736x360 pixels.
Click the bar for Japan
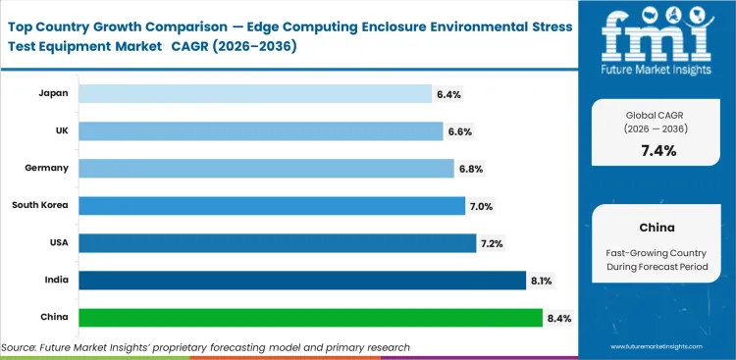click(254, 93)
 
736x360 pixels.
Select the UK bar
click(260, 130)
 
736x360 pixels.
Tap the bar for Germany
click(265, 168)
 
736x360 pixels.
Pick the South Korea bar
click(271, 205)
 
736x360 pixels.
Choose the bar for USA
click(277, 242)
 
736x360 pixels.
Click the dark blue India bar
click(301, 280)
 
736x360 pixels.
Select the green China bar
click(310, 317)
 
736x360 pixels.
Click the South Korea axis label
click(40, 205)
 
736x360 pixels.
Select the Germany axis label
click(47, 168)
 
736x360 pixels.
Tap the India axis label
click(56, 280)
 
